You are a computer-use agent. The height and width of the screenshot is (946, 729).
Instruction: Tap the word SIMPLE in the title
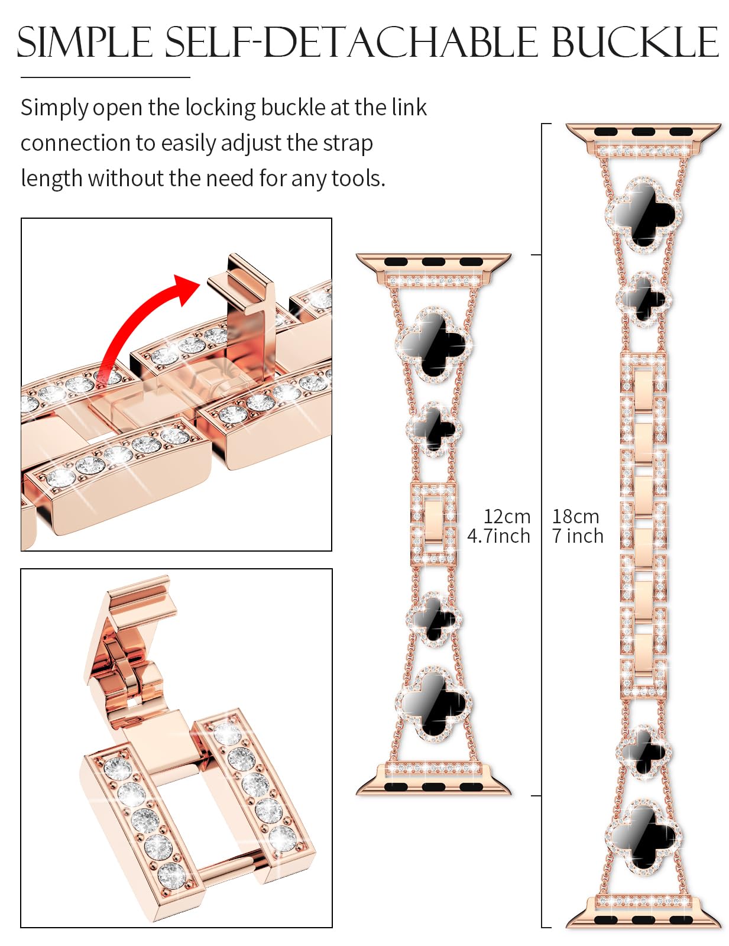pos(85,43)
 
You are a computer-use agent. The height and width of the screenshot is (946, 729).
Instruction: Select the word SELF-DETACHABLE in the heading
pos(351,43)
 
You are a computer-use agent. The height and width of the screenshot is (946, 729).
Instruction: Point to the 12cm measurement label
pos(507,516)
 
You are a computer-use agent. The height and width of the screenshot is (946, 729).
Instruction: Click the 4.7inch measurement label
pos(498,536)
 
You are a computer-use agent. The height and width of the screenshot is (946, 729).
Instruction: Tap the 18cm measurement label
pos(575,516)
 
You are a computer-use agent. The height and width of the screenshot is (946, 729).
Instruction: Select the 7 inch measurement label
pos(578,536)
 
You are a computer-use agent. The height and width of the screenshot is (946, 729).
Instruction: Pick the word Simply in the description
pos(54,108)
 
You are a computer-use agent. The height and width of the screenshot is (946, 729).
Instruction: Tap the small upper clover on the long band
pos(643,299)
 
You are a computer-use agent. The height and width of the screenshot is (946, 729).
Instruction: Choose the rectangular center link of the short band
pos(433,523)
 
